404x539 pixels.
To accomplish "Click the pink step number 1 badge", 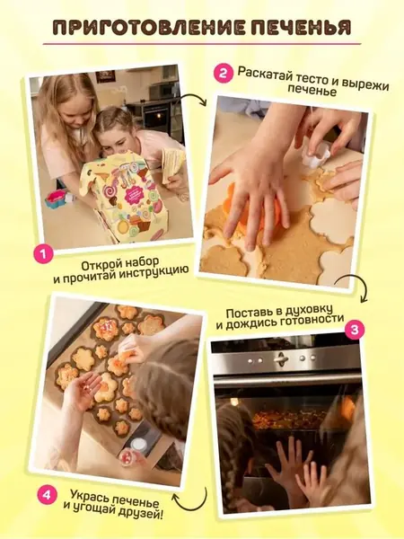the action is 44,254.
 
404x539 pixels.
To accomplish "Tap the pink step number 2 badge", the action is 223,74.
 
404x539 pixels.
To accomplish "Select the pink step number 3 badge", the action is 355,330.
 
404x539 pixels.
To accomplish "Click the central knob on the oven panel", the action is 281,358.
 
